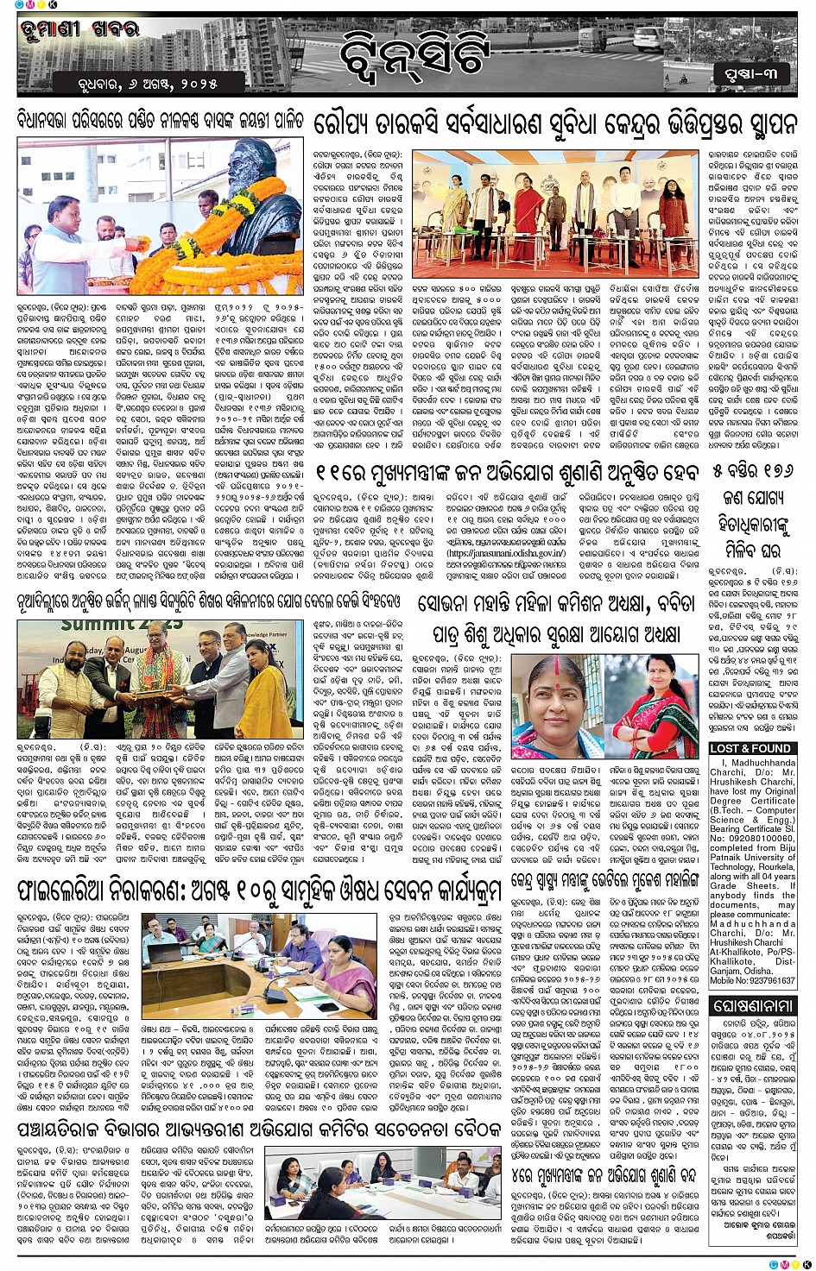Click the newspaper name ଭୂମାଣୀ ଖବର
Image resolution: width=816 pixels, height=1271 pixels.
tap(78, 29)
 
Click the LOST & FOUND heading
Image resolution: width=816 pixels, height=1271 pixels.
tap(750, 748)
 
